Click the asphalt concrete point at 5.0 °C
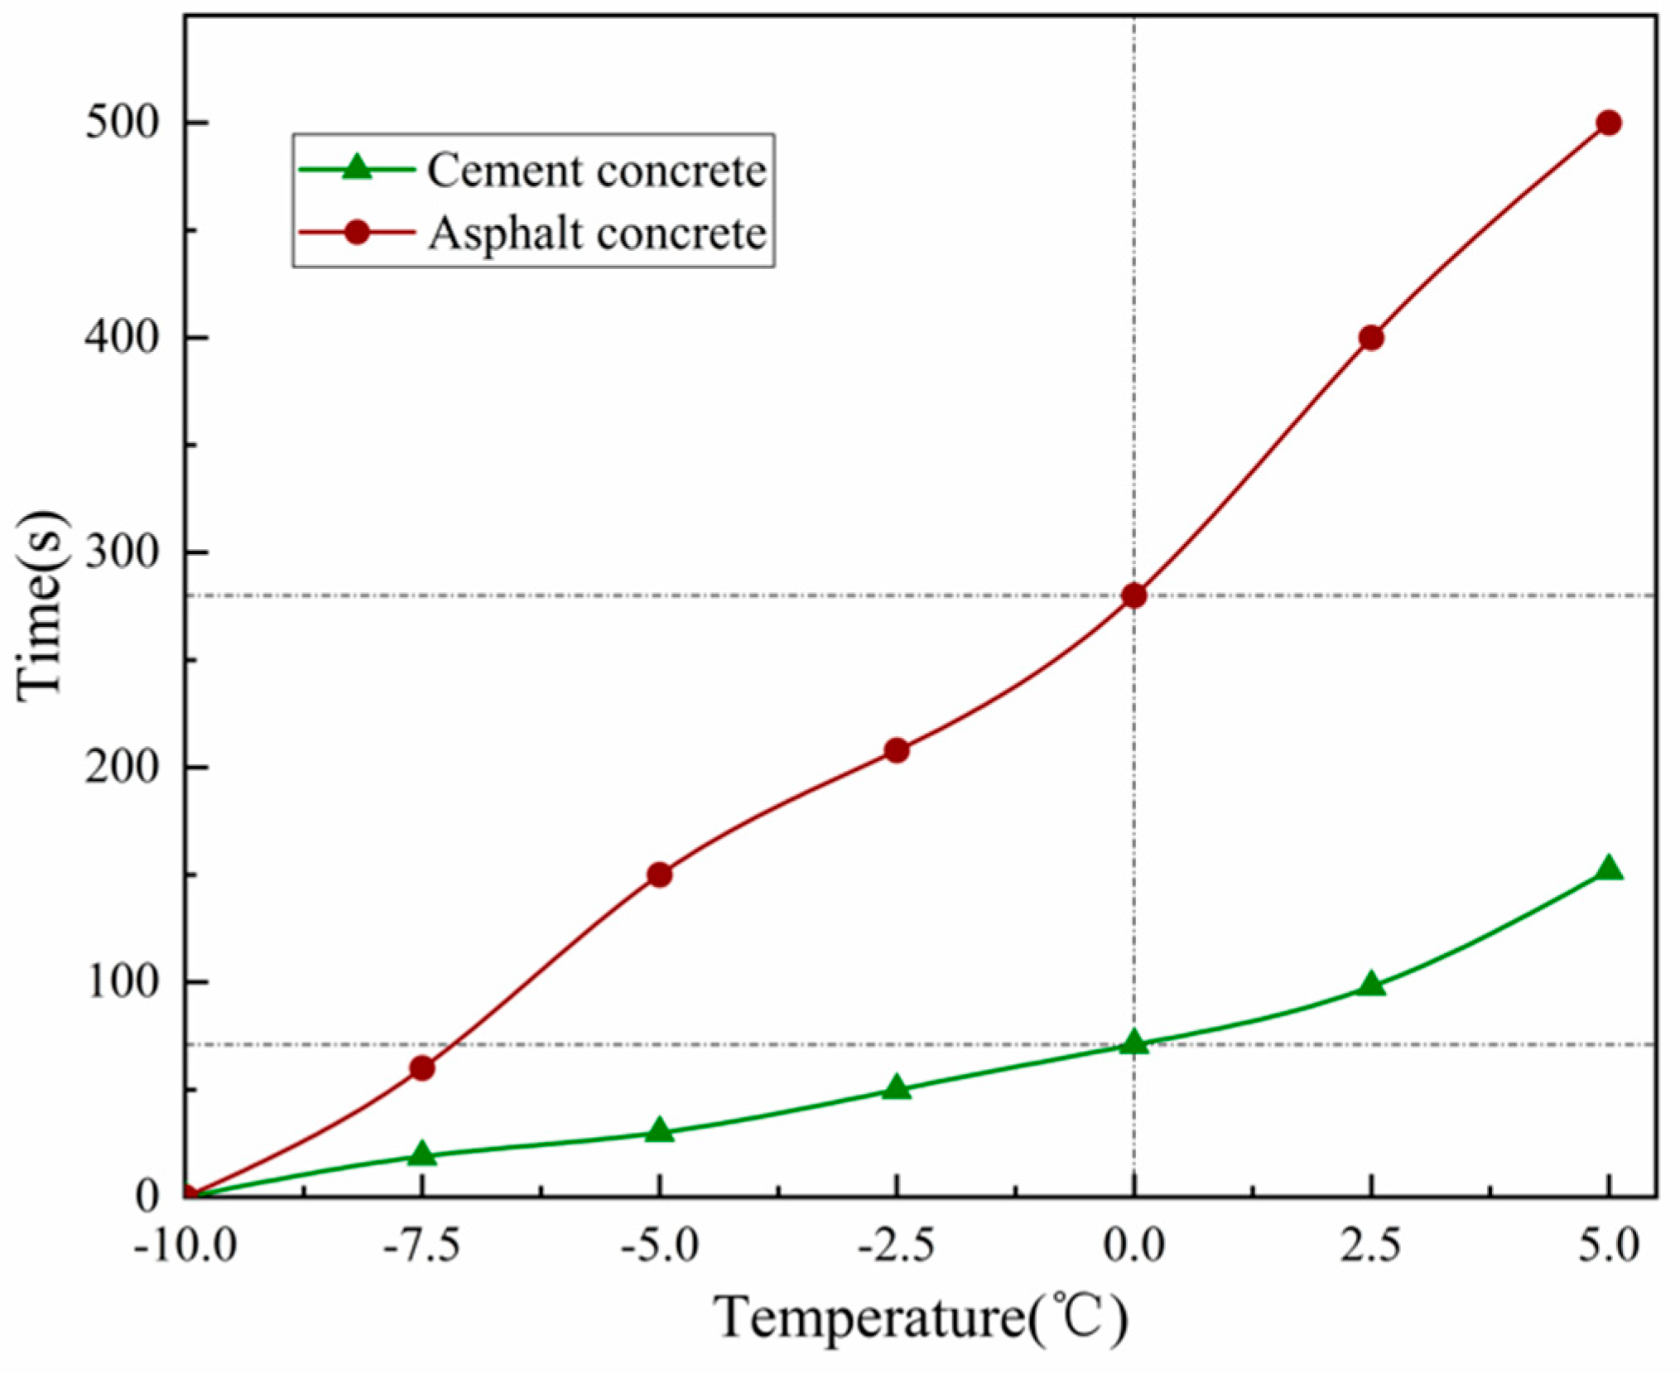point(1608,123)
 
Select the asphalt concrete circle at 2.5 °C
point(1371,338)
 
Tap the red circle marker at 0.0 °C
point(1134,595)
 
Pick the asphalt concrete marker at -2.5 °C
point(896,750)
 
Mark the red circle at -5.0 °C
point(659,874)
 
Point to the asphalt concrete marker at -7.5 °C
point(421,1068)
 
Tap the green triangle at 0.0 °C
point(1134,1043)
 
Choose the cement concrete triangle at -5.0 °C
point(659,1130)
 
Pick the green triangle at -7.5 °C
point(421,1154)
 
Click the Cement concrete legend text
point(596,171)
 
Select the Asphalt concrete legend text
point(596,234)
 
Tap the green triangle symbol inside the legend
point(357,168)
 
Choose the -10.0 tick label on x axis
point(185,1245)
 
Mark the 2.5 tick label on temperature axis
point(1371,1245)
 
